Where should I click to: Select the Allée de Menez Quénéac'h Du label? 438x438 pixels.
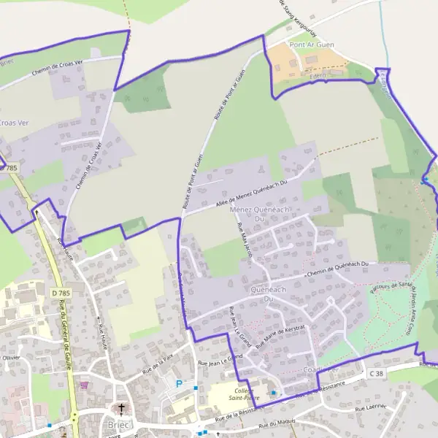pos(249,192)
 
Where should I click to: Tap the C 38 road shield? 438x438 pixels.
pos(376,373)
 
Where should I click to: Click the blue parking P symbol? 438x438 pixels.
pos(179,383)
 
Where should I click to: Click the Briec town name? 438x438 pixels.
pos(119,426)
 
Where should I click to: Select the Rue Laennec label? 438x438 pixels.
pos(370,408)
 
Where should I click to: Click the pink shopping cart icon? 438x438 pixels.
pos(86,385)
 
